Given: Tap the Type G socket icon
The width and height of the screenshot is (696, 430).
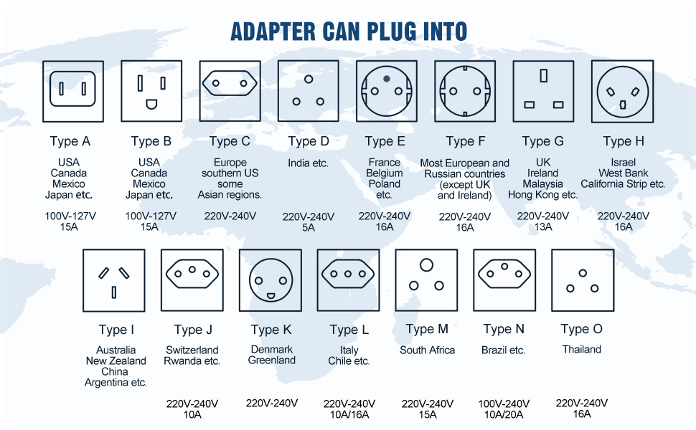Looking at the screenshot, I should click(x=543, y=91).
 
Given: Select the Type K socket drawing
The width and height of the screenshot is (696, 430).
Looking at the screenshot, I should click(x=270, y=279).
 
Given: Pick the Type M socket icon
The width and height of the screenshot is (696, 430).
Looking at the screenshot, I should click(x=426, y=279).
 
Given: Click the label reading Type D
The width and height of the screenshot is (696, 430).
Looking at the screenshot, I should click(x=309, y=141).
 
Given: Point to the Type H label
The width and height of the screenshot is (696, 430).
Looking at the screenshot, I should click(x=623, y=141).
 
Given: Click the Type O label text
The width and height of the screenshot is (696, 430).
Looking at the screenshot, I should click(x=581, y=329).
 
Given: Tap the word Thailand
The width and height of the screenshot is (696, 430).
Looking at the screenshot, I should click(x=581, y=350).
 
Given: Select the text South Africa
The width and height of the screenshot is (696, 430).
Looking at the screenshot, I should click(x=428, y=350).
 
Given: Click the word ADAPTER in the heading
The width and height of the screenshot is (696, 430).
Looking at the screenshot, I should click(x=273, y=32).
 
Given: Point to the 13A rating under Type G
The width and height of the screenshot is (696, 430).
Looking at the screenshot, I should click(x=543, y=227).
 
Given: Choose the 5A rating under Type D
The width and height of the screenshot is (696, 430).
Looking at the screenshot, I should click(x=309, y=227).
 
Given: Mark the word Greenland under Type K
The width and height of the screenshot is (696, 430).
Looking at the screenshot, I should click(x=272, y=360).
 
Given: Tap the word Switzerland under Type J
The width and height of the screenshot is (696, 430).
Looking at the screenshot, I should click(x=192, y=350).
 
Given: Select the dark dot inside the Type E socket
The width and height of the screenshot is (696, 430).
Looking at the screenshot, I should click(x=387, y=78).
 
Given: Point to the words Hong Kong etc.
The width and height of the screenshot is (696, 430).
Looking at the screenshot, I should click(x=543, y=194).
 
